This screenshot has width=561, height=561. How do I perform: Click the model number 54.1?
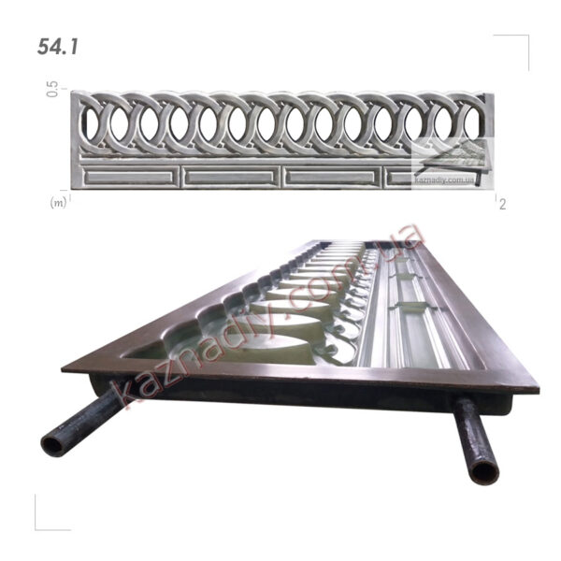57,47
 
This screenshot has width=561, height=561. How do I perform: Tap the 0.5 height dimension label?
52,89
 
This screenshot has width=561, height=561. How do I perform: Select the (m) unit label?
58,203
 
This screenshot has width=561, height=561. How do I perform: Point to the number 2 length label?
503,204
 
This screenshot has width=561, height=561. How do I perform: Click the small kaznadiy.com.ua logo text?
445,180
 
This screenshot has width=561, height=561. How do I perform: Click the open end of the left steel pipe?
52,446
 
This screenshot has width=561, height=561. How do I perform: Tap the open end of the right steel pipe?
483,472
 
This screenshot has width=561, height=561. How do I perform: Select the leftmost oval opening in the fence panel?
92,123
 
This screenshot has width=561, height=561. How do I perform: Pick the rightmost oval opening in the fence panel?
473,123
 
